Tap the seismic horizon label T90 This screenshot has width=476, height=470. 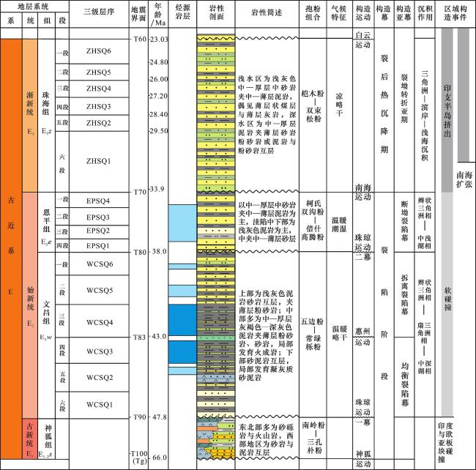click(138, 417)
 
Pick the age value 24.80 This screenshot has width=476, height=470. click(159, 62)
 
